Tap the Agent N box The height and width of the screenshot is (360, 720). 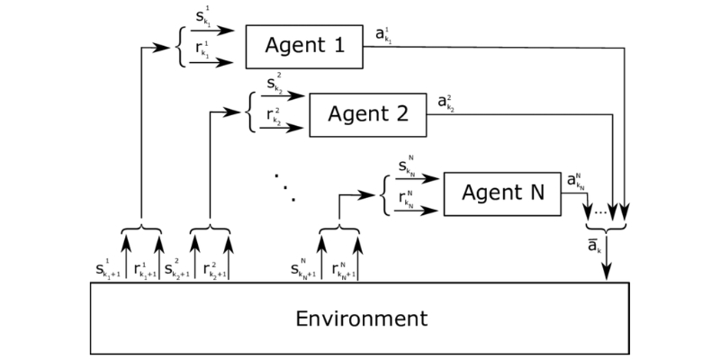502,193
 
